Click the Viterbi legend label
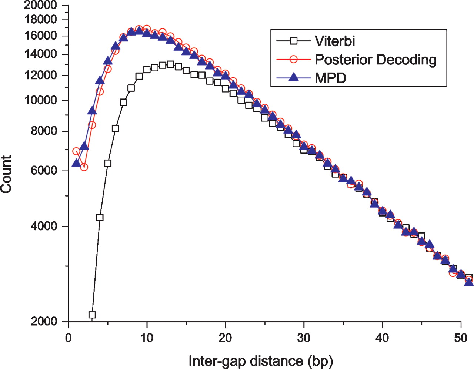(334, 41)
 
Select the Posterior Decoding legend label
(375, 60)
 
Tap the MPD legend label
(330, 78)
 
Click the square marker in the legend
(293, 41)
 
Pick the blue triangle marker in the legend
(293, 77)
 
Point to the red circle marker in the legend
(293, 59)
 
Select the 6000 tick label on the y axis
(44, 171)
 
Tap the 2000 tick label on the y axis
(44, 321)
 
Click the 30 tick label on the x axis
(304, 338)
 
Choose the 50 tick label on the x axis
(461, 338)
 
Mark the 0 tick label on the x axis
(69, 338)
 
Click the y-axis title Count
(7, 174)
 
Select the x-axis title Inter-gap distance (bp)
(260, 360)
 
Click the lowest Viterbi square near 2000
(92, 315)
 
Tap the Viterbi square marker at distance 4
(100, 217)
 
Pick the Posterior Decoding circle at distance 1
(76, 151)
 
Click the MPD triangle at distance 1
(76, 163)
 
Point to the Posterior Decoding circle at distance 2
(84, 167)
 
